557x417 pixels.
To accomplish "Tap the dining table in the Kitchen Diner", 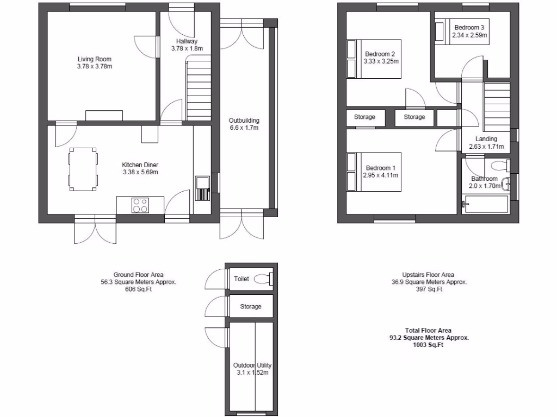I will click(83, 169).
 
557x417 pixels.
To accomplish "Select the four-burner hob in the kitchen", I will click(140, 205).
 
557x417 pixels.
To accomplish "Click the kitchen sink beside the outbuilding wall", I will click(202, 189).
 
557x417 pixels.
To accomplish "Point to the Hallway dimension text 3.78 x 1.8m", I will click(187, 48).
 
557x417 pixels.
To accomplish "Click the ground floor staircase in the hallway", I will click(199, 87).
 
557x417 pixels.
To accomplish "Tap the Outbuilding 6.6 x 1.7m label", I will click(244, 124).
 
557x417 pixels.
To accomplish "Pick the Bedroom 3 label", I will click(469, 28).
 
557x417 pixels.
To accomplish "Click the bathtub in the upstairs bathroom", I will click(485, 205).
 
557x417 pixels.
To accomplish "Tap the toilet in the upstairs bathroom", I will click(499, 165).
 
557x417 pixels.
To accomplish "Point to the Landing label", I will click(486, 139).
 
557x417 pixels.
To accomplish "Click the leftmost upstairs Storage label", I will click(364, 117).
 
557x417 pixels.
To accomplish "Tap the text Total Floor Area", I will click(428, 330).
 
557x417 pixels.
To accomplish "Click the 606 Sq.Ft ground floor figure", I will click(138, 290).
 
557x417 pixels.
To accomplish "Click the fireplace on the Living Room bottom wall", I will click(104, 115).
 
